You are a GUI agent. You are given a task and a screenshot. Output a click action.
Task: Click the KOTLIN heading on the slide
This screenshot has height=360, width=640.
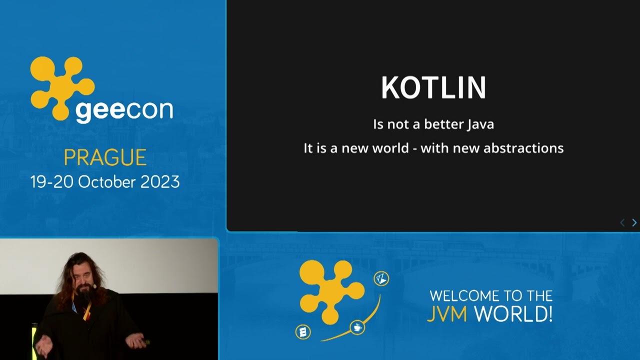[x=433, y=88]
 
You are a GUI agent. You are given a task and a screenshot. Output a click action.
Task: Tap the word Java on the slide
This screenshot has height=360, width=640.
[x=480, y=124]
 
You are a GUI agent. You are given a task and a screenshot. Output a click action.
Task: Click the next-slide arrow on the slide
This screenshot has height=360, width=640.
[x=634, y=222]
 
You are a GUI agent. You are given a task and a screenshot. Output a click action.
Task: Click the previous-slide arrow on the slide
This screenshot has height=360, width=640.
[x=622, y=222]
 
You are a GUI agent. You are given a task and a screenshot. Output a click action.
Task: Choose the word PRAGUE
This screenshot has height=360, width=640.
[x=105, y=158]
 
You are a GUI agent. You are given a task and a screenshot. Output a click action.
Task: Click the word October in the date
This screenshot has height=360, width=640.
[x=106, y=181]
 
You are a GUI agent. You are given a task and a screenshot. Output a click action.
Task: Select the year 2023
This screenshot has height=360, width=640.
[x=159, y=181]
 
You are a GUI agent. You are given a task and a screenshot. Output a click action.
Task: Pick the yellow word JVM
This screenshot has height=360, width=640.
[x=447, y=314]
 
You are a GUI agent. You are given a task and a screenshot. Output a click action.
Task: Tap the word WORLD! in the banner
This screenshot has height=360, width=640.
[x=513, y=314]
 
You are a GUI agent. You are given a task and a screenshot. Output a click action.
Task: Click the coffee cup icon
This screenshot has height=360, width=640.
[x=357, y=328]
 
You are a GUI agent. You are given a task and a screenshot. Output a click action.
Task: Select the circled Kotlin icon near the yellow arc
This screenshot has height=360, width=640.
[x=381, y=278]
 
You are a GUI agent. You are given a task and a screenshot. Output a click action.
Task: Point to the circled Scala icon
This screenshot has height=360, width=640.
[x=303, y=331]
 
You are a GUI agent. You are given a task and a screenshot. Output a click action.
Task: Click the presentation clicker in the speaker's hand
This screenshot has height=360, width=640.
[x=145, y=342]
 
